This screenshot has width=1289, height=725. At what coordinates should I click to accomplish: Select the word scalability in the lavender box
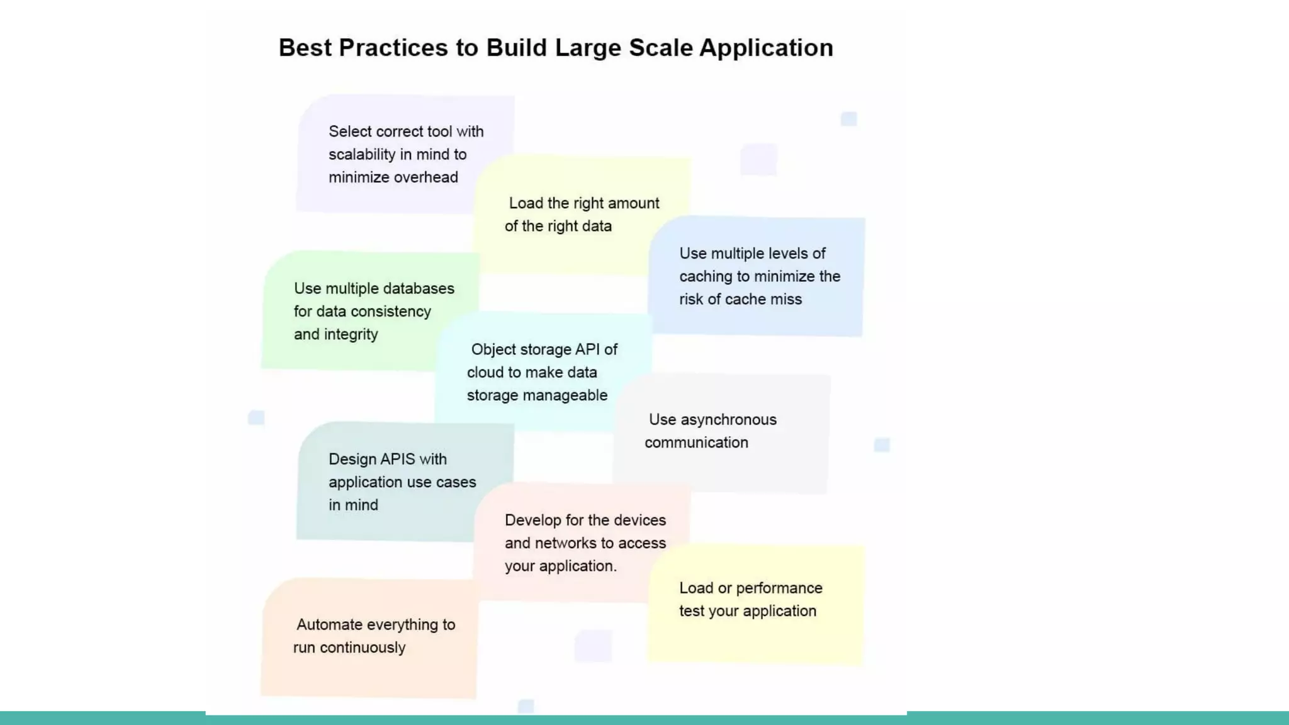point(361,155)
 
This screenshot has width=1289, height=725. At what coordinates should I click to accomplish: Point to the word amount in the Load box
point(633,203)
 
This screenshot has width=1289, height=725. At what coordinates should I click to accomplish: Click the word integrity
point(350,335)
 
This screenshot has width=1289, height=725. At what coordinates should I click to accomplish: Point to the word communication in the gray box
point(696,443)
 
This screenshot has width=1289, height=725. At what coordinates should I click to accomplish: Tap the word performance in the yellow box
point(779,588)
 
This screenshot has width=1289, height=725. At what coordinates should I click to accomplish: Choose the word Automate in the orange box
point(329,625)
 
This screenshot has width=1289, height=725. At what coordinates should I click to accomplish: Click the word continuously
point(363,648)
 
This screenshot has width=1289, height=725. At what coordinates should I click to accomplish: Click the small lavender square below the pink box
point(593,646)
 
